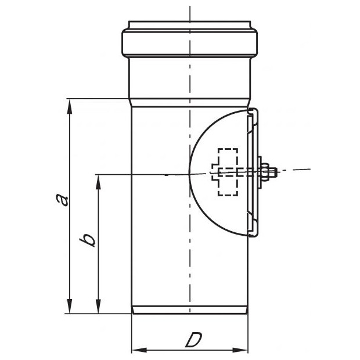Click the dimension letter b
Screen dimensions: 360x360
(88, 239)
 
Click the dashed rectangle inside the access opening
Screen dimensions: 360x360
(228, 172)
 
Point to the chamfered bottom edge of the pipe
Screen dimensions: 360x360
(190, 311)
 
